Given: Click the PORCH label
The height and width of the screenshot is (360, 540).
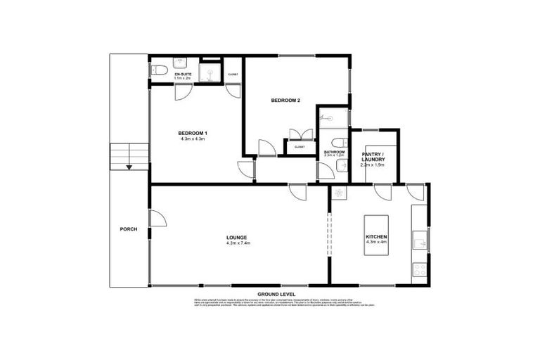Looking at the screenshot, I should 129,229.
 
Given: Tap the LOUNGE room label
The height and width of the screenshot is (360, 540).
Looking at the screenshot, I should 238,238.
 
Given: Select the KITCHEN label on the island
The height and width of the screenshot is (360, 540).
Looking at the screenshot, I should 377,237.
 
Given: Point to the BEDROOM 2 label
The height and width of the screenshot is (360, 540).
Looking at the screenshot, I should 285,101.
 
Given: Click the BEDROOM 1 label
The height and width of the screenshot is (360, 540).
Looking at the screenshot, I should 192,134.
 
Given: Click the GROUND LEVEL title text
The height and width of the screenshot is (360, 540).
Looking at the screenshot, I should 276,294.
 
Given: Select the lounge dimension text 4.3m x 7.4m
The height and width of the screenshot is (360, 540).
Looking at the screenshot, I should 238,243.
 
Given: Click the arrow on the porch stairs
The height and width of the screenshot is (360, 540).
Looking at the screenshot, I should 129,167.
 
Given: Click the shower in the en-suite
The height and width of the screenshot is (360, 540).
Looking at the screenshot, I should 209,73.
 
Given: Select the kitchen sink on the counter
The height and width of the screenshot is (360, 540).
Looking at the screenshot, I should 420,243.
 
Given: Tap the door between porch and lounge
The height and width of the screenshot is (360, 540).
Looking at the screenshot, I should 157,219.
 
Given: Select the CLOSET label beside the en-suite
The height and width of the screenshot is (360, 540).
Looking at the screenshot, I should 233,74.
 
